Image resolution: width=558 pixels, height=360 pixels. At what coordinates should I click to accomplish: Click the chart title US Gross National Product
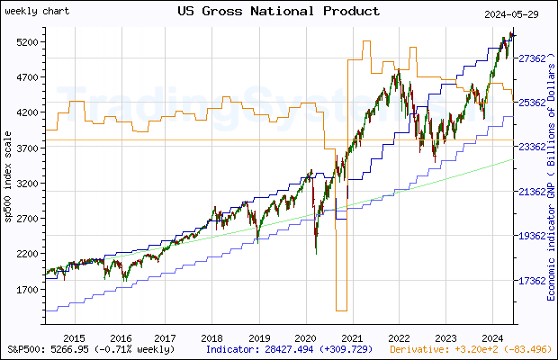278,11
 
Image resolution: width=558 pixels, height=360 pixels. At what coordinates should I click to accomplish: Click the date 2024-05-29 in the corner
512,13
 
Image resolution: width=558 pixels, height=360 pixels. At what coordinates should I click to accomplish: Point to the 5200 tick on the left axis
27,42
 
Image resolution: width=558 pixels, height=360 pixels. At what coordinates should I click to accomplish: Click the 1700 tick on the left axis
27,290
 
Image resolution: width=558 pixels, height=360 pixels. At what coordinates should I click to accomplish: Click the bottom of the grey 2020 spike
341,310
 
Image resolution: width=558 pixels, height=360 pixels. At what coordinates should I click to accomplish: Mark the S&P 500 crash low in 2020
316,253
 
